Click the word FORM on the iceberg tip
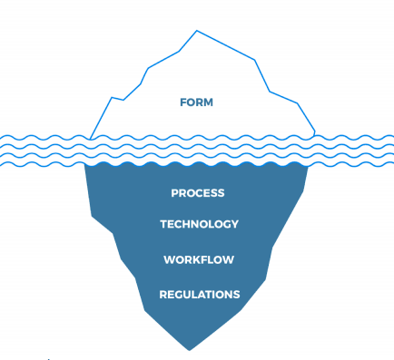click(x=197, y=102)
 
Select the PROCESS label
click(x=198, y=193)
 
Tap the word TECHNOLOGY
click(x=199, y=224)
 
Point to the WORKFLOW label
click(x=199, y=260)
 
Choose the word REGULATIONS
click(x=200, y=294)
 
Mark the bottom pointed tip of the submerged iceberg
click(x=189, y=349)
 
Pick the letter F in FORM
click(x=183, y=102)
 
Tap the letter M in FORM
click(x=209, y=102)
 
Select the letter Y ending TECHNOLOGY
click(x=235, y=224)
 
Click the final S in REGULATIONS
click(x=237, y=294)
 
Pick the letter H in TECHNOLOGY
click(x=185, y=224)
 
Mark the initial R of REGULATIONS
click(x=163, y=294)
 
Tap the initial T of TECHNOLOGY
click(x=163, y=224)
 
